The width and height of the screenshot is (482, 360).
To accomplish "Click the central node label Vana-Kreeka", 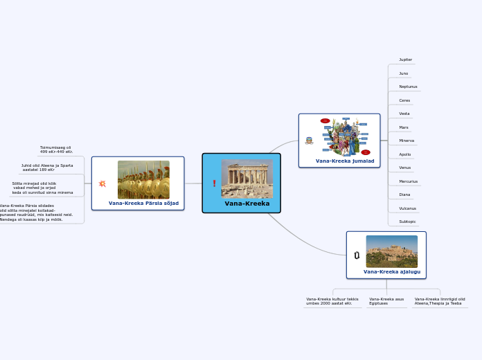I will pyautogui.click(x=247, y=204).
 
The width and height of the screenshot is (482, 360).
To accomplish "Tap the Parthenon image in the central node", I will pyautogui.click(x=247, y=178).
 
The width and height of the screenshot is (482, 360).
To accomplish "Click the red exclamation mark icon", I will pyautogui.click(x=215, y=183).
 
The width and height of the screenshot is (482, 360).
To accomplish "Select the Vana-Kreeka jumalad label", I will pyautogui.click(x=345, y=161).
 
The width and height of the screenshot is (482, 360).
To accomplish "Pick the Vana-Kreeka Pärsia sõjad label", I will pyautogui.click(x=143, y=204).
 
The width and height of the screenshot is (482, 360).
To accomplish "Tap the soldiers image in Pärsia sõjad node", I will pyautogui.click(x=143, y=180).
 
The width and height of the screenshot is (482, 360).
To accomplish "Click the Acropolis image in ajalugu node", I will pyautogui.click(x=391, y=251).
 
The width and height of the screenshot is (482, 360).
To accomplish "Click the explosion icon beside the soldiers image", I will pyautogui.click(x=102, y=183).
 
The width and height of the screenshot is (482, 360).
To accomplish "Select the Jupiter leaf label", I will pyautogui.click(x=406, y=60).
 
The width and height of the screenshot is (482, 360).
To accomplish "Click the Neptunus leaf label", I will pyautogui.click(x=408, y=87).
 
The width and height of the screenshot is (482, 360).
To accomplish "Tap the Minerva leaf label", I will pyautogui.click(x=407, y=141).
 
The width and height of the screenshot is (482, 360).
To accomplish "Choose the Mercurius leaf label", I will pyautogui.click(x=408, y=181).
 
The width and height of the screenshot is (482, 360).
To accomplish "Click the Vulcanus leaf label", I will pyautogui.click(x=407, y=208).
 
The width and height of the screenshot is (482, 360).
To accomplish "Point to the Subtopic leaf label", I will pyautogui.click(x=407, y=222).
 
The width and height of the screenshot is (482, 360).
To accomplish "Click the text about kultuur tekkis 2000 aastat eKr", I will pyautogui.click(x=332, y=301).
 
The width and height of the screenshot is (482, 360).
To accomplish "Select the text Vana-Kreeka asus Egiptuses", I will pyautogui.click(x=386, y=301).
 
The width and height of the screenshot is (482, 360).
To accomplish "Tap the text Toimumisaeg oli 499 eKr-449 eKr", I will pyautogui.click(x=55, y=149).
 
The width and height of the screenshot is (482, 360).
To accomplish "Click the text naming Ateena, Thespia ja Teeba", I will pyautogui.click(x=439, y=301).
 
